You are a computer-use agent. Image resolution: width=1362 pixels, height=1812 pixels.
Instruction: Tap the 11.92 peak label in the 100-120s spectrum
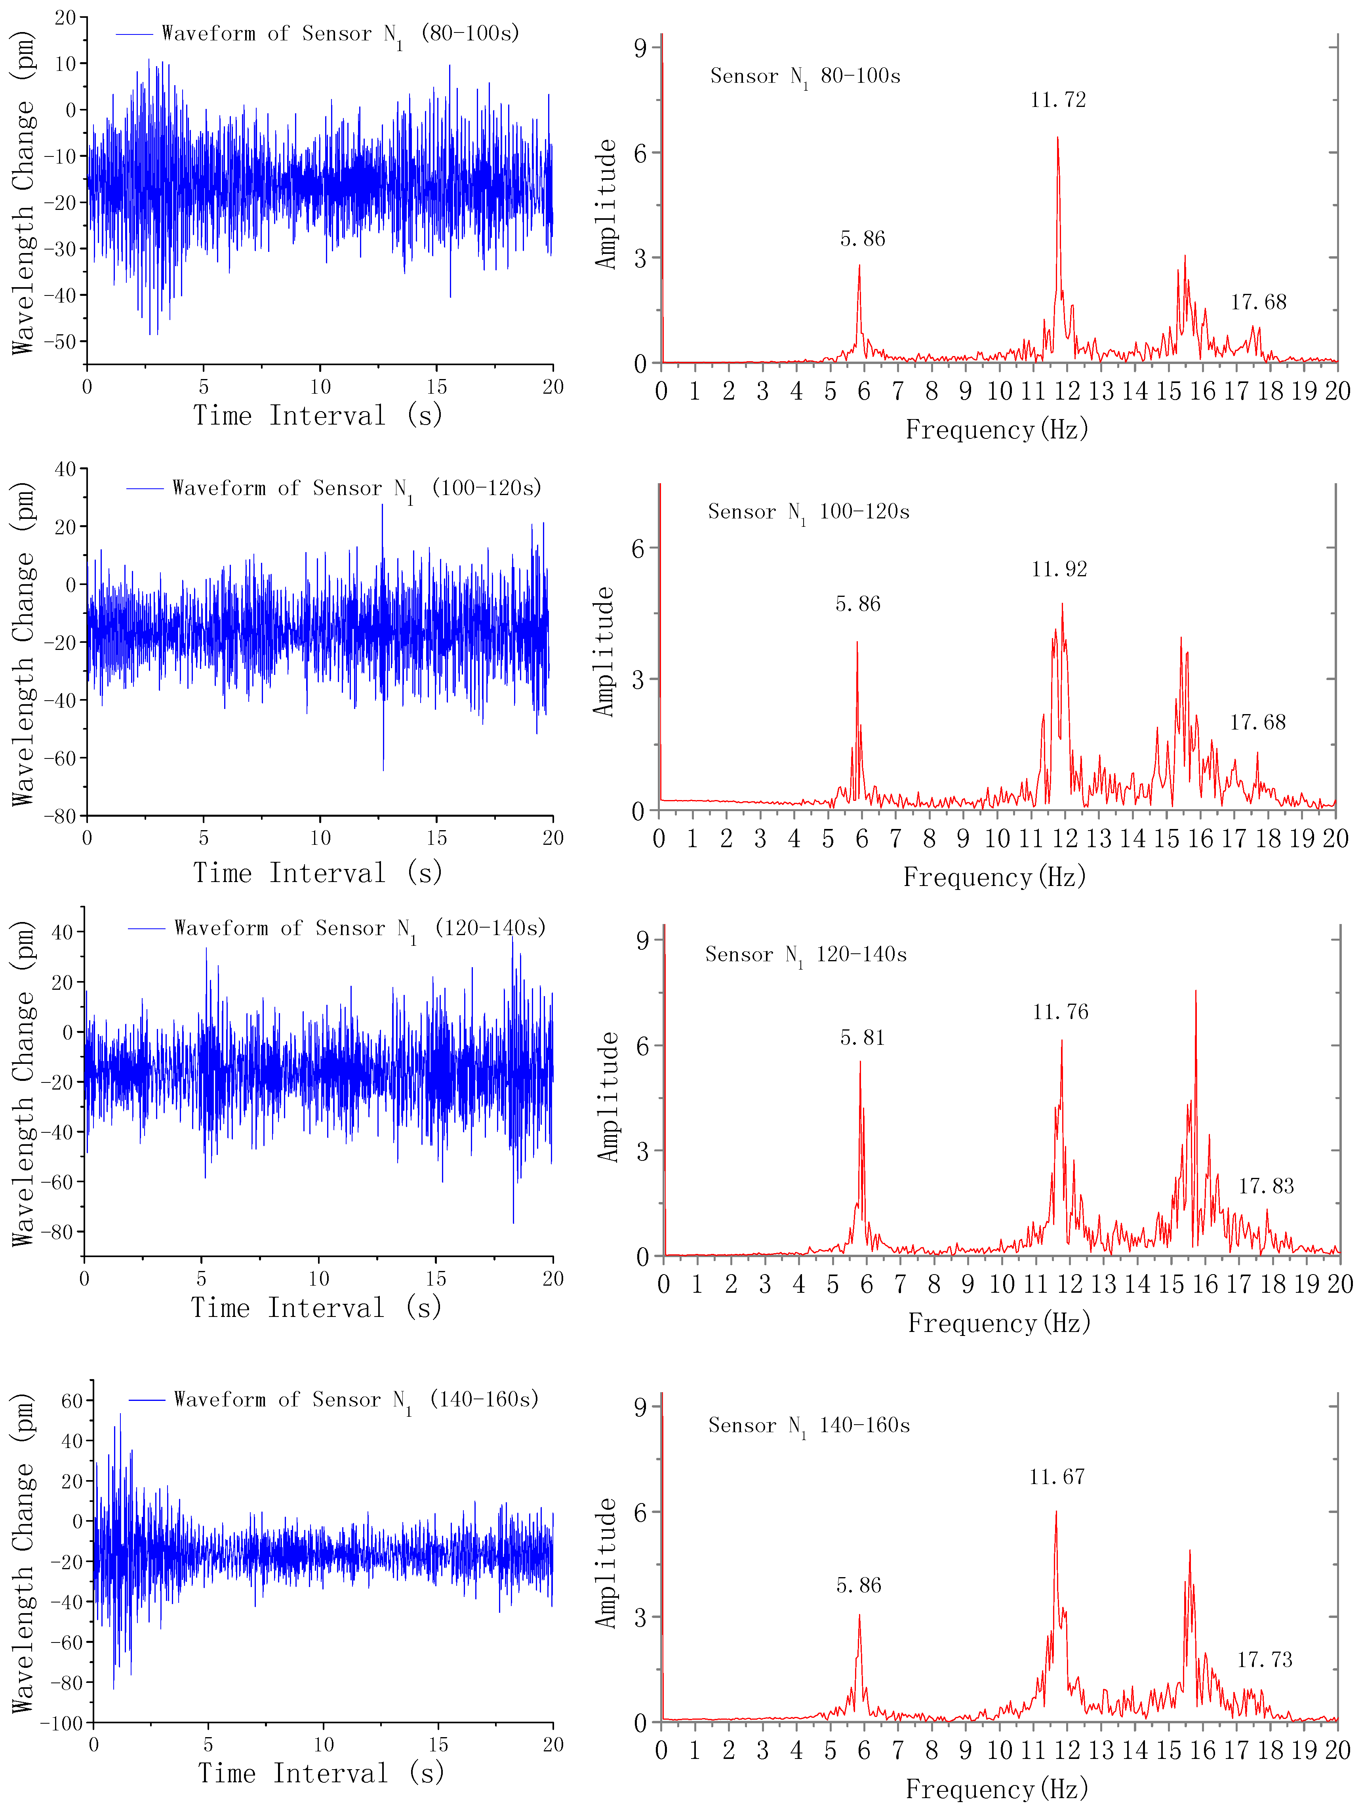point(1059,569)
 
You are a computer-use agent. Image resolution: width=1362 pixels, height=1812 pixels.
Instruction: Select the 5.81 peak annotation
point(863,1038)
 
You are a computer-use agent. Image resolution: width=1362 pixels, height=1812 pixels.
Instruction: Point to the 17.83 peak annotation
point(1266,1186)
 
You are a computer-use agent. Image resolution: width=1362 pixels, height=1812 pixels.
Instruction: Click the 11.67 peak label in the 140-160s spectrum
point(1057,1477)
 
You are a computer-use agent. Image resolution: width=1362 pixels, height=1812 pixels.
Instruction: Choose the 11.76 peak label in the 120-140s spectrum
point(1061,1012)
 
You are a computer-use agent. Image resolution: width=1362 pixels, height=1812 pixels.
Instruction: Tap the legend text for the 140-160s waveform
point(356,1399)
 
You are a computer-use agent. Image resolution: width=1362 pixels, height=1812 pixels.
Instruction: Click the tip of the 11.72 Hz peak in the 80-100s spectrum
point(1057,137)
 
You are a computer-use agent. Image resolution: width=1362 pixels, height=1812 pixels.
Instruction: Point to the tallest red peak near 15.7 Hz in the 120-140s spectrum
point(1196,991)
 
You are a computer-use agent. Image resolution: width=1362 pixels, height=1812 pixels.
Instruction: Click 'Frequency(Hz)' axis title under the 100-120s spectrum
point(994,877)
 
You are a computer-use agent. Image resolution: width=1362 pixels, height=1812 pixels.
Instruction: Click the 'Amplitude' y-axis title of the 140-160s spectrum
point(606,1563)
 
